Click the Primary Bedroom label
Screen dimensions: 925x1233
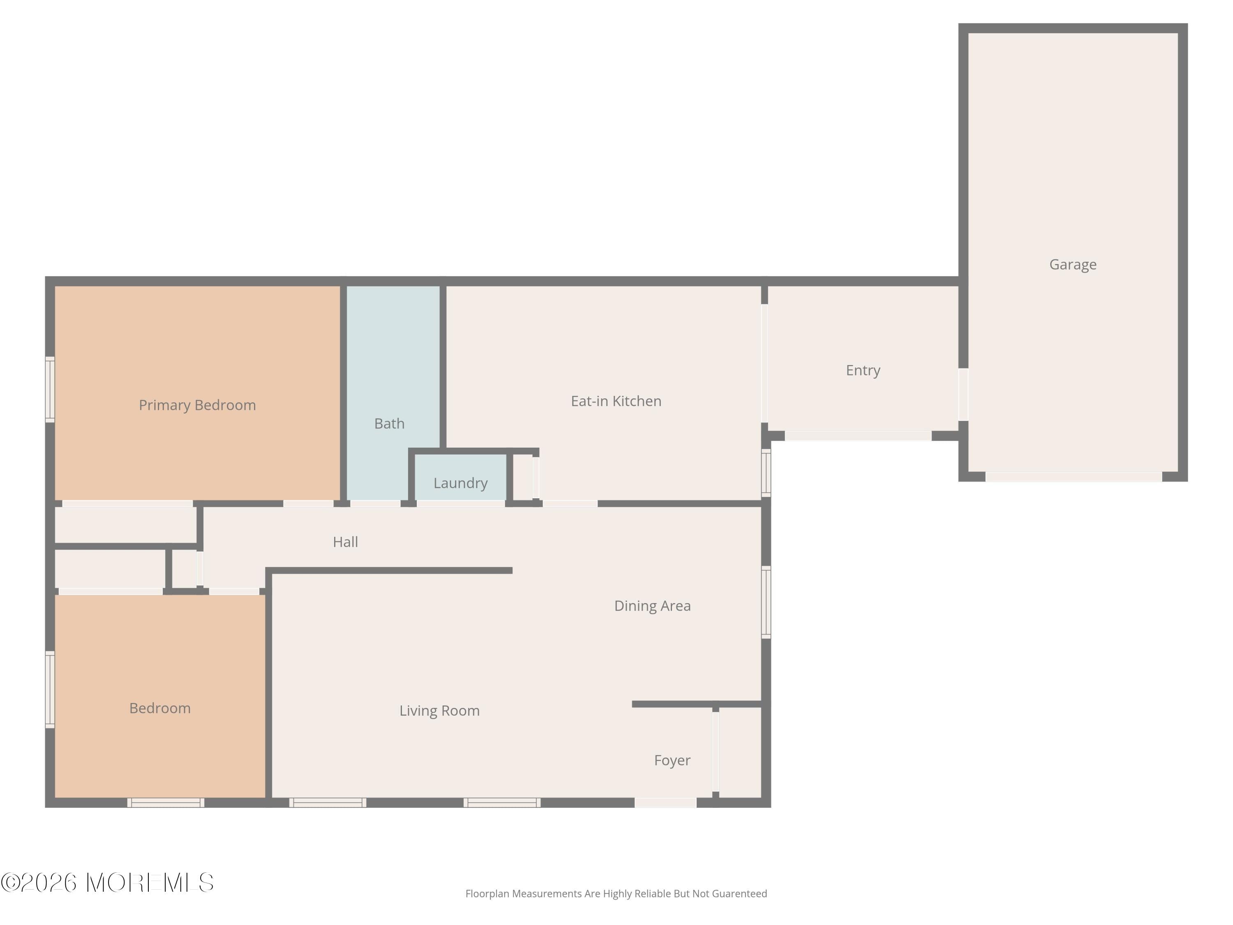pos(197,405)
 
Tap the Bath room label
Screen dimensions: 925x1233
pos(389,424)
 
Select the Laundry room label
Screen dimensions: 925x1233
pos(460,483)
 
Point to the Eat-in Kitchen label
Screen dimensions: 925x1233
pos(616,401)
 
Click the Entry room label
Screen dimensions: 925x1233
pos(863,371)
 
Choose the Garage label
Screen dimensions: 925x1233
pos(1072,265)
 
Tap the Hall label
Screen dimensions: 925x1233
pos(345,542)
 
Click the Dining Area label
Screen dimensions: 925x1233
pos(652,606)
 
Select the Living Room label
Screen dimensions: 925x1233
pos(439,711)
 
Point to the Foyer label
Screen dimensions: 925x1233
pos(672,761)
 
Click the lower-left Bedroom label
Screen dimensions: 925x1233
pos(160,709)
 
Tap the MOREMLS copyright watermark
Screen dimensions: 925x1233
pos(107,883)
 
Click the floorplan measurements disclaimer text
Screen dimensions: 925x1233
pos(616,894)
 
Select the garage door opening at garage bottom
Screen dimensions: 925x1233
pos(1074,477)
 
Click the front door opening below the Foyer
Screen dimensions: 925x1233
pos(665,803)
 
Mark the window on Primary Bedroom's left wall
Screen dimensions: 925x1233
pos(50,389)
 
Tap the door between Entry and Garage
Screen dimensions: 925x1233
pos(963,395)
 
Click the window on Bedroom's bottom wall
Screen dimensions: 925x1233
pos(166,803)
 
